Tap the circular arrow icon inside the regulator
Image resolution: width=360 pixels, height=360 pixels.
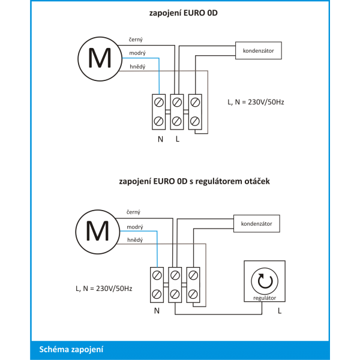tap(265, 281)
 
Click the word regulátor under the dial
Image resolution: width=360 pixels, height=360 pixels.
tap(265, 298)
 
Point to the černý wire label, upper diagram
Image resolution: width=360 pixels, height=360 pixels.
tap(136, 40)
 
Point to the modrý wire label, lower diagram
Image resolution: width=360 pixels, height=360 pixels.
tap(135, 227)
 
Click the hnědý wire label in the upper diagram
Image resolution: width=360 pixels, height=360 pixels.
tap(137, 67)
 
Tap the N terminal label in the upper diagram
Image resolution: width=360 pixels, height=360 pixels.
tap(160, 139)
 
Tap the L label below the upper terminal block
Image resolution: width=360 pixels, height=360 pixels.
tap(178, 139)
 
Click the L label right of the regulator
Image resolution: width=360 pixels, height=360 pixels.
tap(280, 311)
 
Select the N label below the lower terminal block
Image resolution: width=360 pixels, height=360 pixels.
tap(157, 311)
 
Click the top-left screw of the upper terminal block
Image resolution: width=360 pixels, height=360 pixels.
tap(159, 102)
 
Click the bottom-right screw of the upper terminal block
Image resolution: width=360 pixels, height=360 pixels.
tap(195, 121)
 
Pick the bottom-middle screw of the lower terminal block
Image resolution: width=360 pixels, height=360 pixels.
tap(175, 294)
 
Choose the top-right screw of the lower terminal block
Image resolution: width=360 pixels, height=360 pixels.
tap(193, 275)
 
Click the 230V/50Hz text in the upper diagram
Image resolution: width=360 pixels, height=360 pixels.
tap(266, 102)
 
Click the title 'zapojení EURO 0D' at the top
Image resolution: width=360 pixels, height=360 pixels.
tap(183, 13)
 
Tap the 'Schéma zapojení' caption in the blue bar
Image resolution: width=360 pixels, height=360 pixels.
tap(71, 349)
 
